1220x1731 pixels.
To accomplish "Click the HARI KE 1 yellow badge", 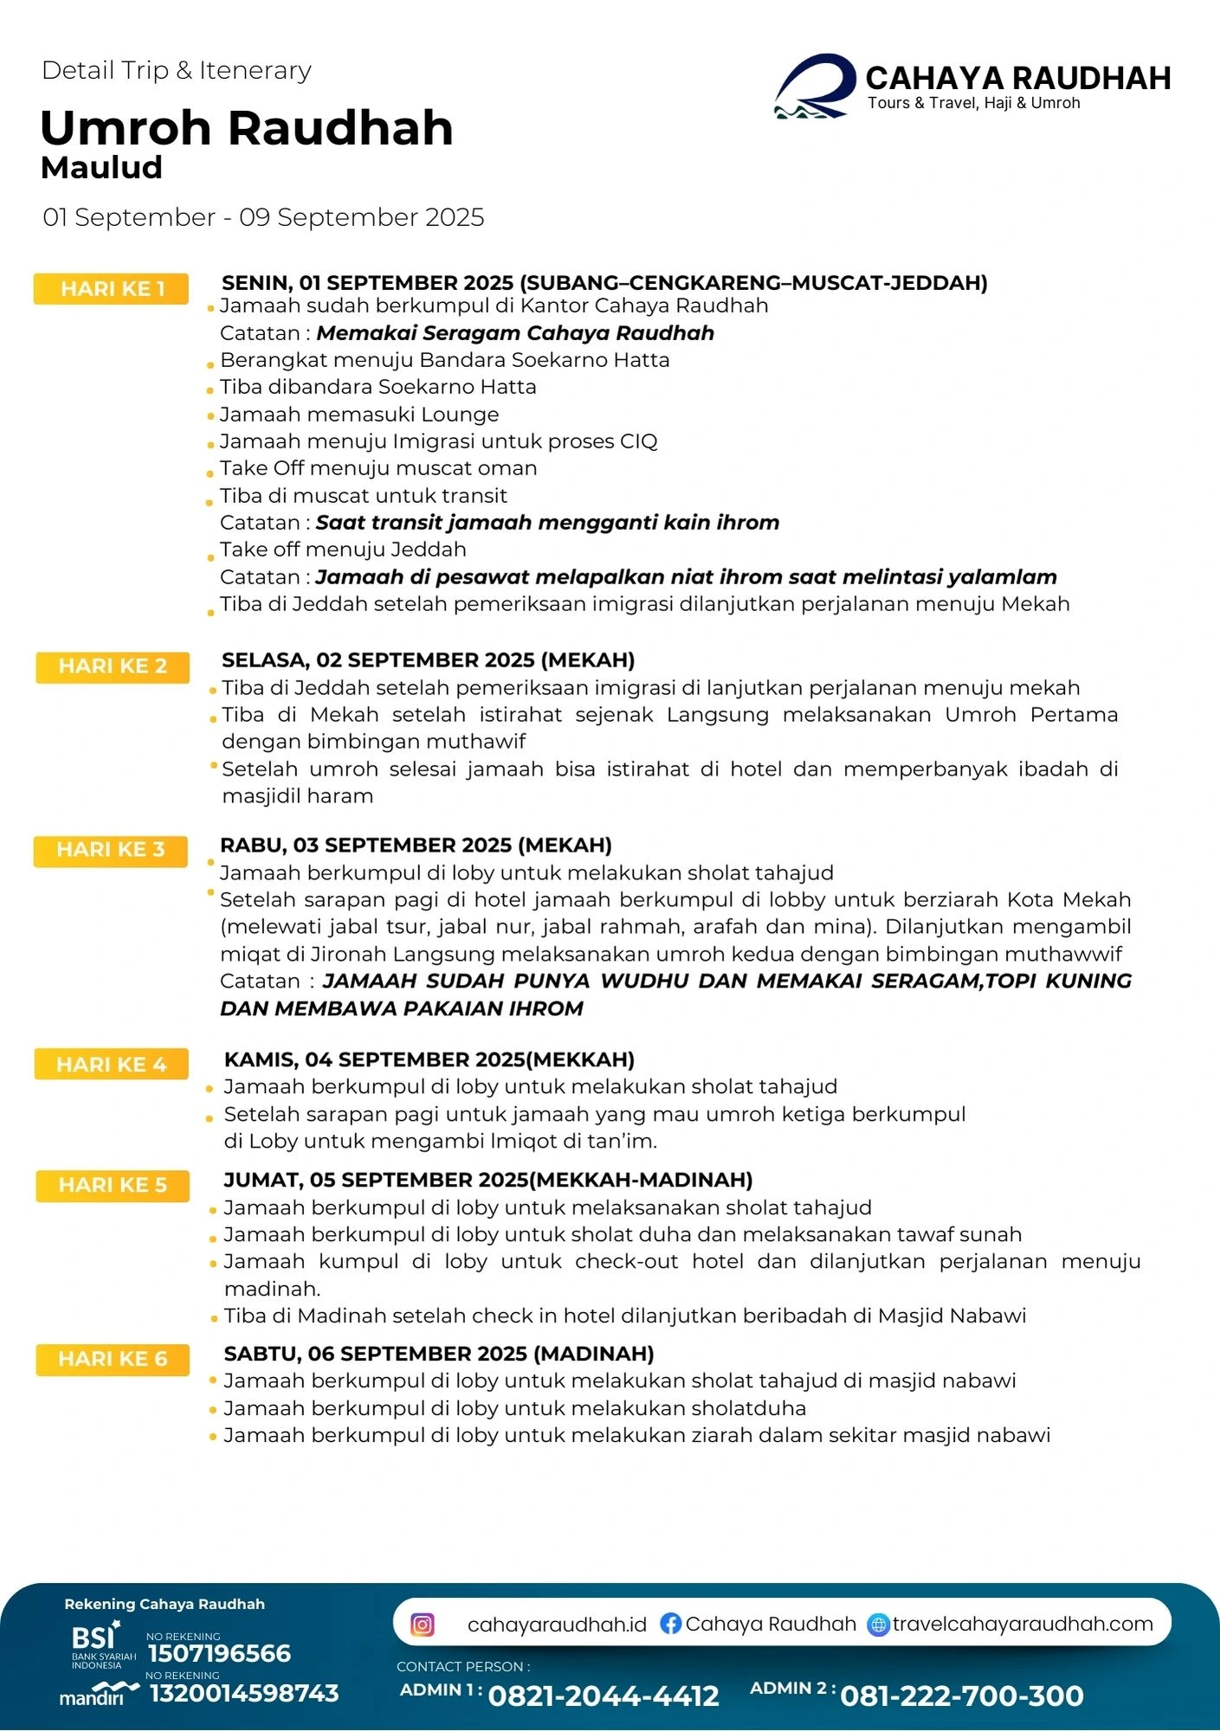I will coord(112,289).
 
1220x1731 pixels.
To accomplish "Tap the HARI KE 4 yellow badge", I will coord(112,1064).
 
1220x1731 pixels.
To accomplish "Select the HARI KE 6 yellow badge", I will coord(113,1359).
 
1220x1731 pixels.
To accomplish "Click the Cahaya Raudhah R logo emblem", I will coord(814,87).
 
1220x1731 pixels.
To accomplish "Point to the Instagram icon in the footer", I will coord(423,1625).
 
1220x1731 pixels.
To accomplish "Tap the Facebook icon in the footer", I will coord(670,1624).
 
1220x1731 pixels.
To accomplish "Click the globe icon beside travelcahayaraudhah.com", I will coord(878,1625).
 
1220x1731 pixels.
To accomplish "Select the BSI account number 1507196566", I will coord(219,1654).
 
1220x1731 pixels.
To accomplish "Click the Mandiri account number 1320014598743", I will coord(244,1693).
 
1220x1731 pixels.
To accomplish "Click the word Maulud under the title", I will coord(101,167).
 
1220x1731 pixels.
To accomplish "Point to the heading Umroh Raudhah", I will coord(247,128).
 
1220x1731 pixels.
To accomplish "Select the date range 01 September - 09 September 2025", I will coord(263,217).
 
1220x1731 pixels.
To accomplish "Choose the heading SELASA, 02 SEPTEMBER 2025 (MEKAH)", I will coord(428,660).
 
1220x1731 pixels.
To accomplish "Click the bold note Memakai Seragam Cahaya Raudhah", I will coord(515,333).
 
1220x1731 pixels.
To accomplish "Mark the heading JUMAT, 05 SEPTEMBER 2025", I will coord(487,1180).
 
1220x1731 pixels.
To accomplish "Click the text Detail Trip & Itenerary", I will coord(177,70).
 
